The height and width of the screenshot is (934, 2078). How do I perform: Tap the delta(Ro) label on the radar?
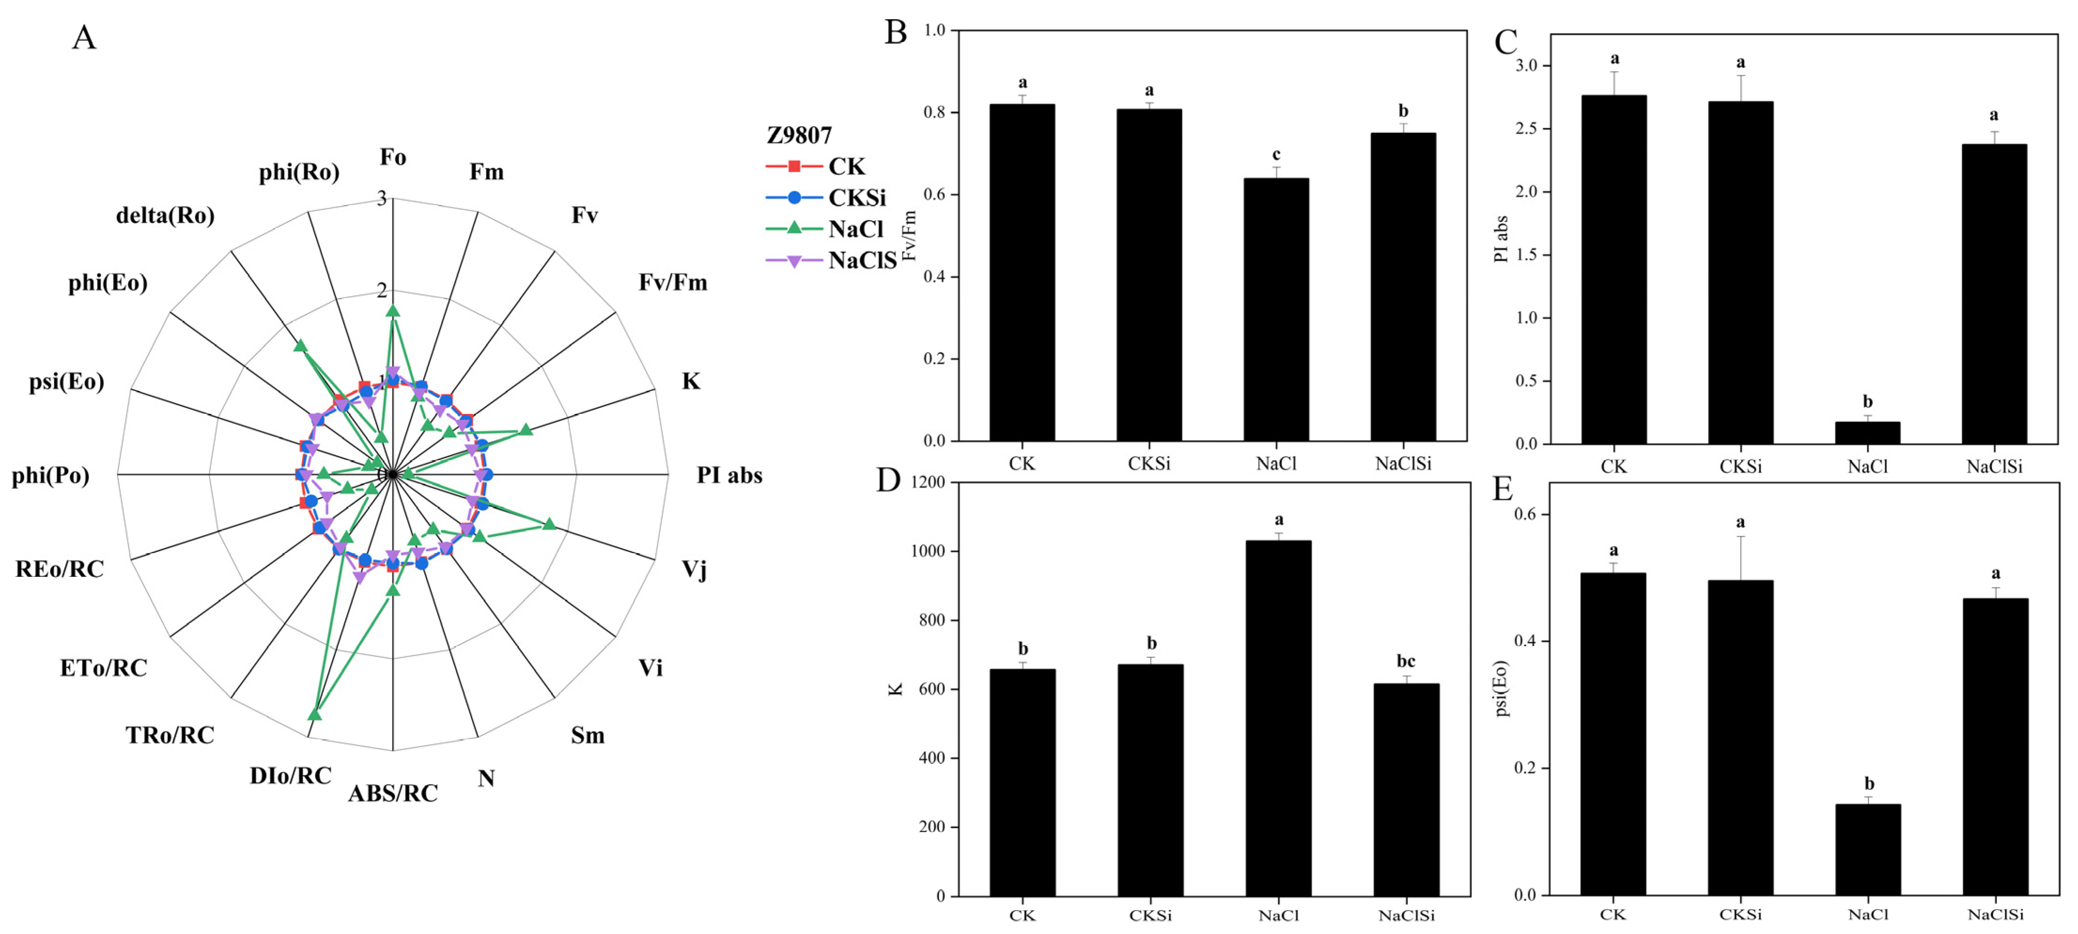point(165,215)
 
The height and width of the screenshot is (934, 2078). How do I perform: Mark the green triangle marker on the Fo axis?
point(393,311)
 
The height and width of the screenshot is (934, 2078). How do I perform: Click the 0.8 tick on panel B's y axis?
point(934,112)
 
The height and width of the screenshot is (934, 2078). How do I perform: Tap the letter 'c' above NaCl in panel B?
point(1276,154)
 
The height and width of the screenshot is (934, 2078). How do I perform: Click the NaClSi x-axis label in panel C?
point(1993,466)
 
